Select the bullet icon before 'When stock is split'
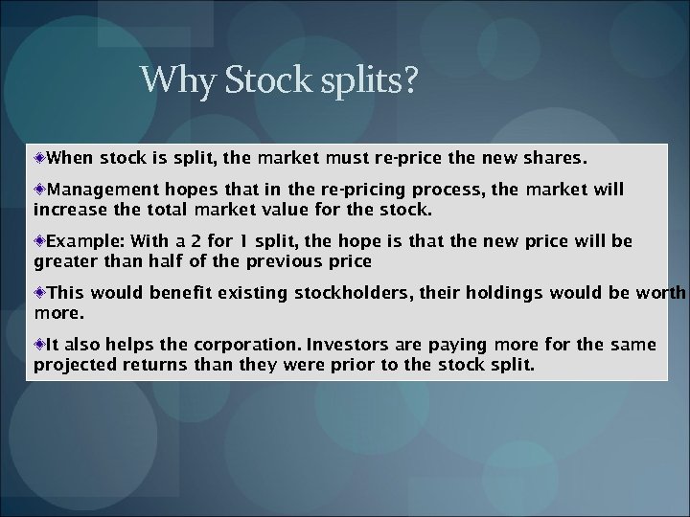pos(40,155)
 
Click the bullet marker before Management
pos(40,191)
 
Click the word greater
pos(63,259)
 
